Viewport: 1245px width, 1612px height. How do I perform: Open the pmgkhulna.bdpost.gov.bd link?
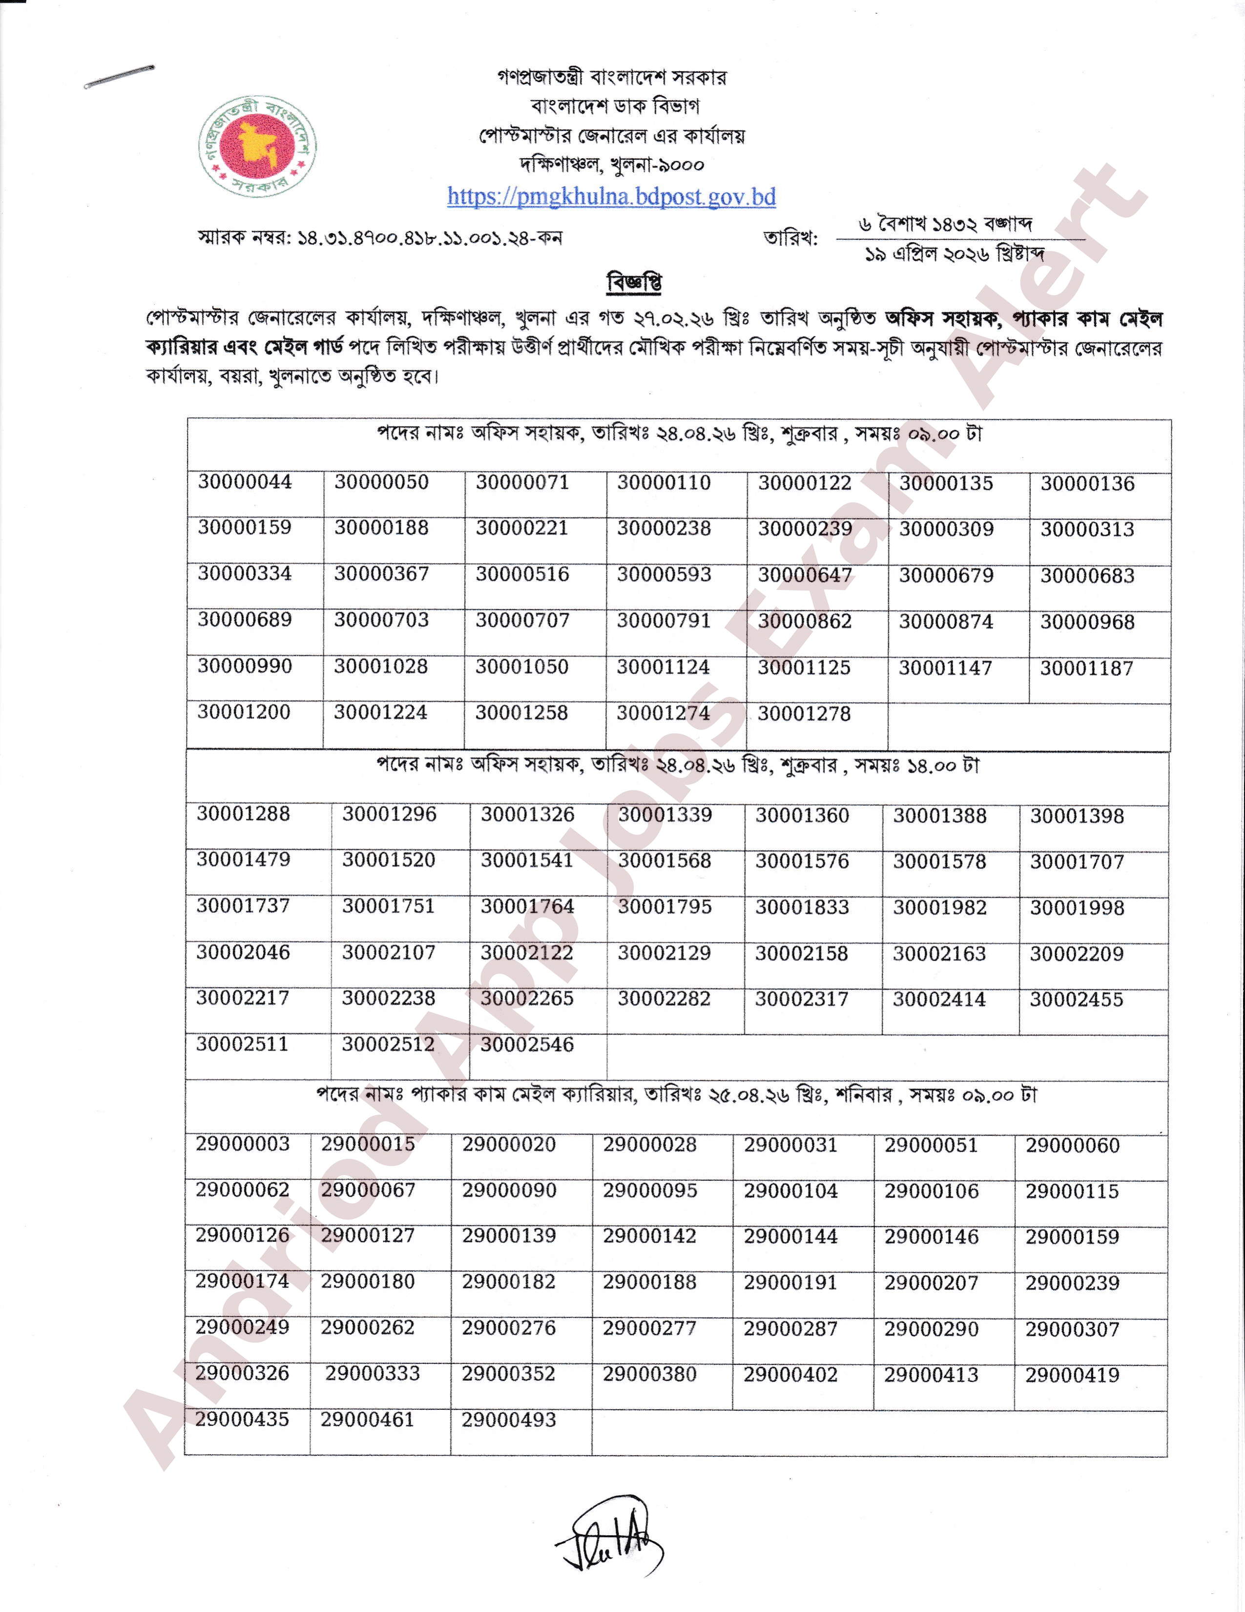coord(611,196)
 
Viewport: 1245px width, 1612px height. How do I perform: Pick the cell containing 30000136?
coord(1087,484)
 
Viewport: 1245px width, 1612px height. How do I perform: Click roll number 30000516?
coord(522,574)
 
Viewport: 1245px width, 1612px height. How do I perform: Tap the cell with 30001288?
coord(243,814)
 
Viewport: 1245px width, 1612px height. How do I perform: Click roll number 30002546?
coord(527,1045)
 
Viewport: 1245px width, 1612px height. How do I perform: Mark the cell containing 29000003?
coord(242,1144)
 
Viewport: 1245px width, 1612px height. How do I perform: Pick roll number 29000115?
coord(1072,1191)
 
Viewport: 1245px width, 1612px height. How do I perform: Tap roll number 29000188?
coord(649,1282)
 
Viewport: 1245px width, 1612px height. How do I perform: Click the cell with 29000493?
coord(508,1420)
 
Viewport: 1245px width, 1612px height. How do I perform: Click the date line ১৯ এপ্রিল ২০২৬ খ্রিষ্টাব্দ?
coord(954,254)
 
